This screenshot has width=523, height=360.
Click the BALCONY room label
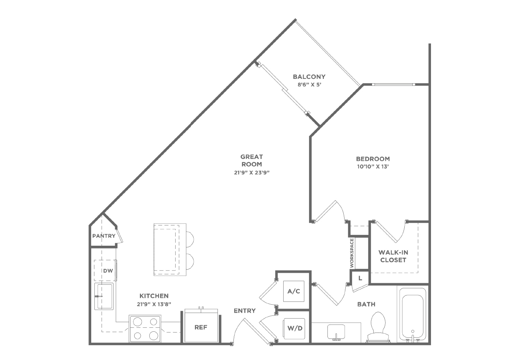(309, 76)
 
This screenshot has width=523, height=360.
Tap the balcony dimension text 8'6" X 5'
(309, 84)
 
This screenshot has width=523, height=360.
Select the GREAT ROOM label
(252, 160)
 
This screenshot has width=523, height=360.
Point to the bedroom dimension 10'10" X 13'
(373, 167)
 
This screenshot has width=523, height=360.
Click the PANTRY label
(104, 236)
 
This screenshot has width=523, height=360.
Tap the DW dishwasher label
(108, 270)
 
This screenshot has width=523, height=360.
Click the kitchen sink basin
(104, 297)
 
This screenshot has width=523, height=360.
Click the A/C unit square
(294, 291)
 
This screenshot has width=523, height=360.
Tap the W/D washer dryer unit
(295, 328)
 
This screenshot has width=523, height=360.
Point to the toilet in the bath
(378, 327)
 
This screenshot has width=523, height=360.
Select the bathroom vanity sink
(336, 332)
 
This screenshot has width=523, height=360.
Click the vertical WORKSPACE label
(352, 253)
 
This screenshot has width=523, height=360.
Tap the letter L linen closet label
(360, 278)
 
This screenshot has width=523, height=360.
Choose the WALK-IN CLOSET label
(393, 256)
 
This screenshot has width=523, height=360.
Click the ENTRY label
(245, 311)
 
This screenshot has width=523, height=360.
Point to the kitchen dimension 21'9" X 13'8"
(154, 304)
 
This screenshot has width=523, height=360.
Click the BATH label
(366, 304)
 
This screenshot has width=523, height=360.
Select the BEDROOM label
(373, 159)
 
